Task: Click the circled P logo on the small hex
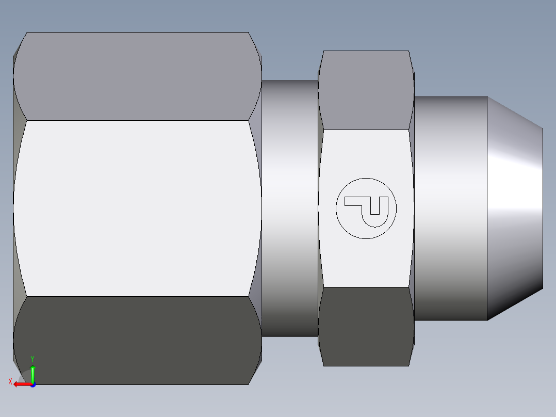point(366,208)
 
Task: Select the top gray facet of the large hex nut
point(137,76)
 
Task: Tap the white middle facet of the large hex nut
point(137,208)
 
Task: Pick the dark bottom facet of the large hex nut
point(137,341)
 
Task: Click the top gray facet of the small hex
point(366,90)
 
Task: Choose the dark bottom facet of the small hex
point(366,326)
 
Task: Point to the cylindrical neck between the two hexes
point(289,208)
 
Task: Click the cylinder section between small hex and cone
point(450,208)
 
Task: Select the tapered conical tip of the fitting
point(515,208)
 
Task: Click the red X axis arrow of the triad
point(21,384)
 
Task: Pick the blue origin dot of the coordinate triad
point(32,384)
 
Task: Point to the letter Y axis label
point(32,359)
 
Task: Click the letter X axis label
point(10,382)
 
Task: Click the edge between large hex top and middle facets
point(137,120)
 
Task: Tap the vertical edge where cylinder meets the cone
point(487,208)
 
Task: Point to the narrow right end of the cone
point(543,208)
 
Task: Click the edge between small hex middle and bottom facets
point(366,287)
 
